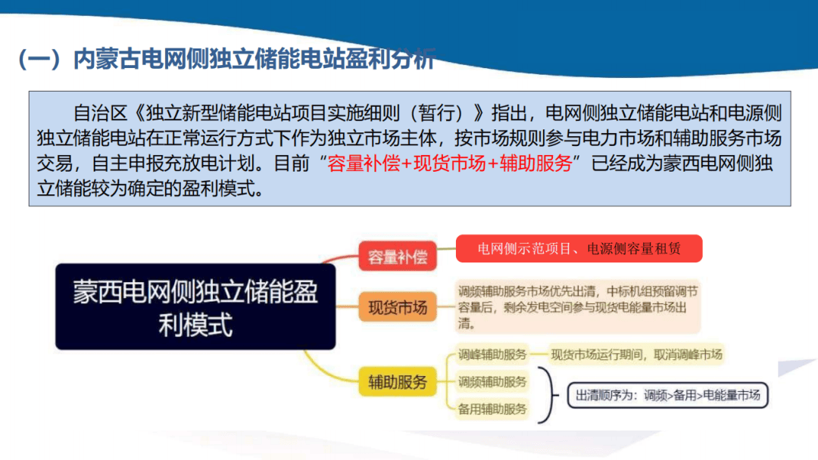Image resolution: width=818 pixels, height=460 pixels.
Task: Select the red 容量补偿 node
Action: point(398,256)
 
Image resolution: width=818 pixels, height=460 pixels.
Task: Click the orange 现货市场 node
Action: point(398,307)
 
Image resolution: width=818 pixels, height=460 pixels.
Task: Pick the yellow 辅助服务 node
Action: point(398,381)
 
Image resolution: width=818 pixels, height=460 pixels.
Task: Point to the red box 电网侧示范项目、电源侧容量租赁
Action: point(579,248)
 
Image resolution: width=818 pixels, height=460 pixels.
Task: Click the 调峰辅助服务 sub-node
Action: point(492,354)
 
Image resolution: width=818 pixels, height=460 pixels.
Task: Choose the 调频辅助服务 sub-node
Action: point(492,382)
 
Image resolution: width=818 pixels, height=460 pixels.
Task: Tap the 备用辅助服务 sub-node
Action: point(492,409)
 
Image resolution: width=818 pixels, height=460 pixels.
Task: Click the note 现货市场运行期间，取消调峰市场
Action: point(637,354)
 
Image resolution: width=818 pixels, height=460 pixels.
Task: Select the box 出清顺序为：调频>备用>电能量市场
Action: point(667,395)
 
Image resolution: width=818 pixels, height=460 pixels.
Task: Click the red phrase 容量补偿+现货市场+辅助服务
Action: point(450,163)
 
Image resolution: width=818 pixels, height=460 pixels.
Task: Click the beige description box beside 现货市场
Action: point(577,307)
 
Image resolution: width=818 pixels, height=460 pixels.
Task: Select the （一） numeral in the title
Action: point(38,60)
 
